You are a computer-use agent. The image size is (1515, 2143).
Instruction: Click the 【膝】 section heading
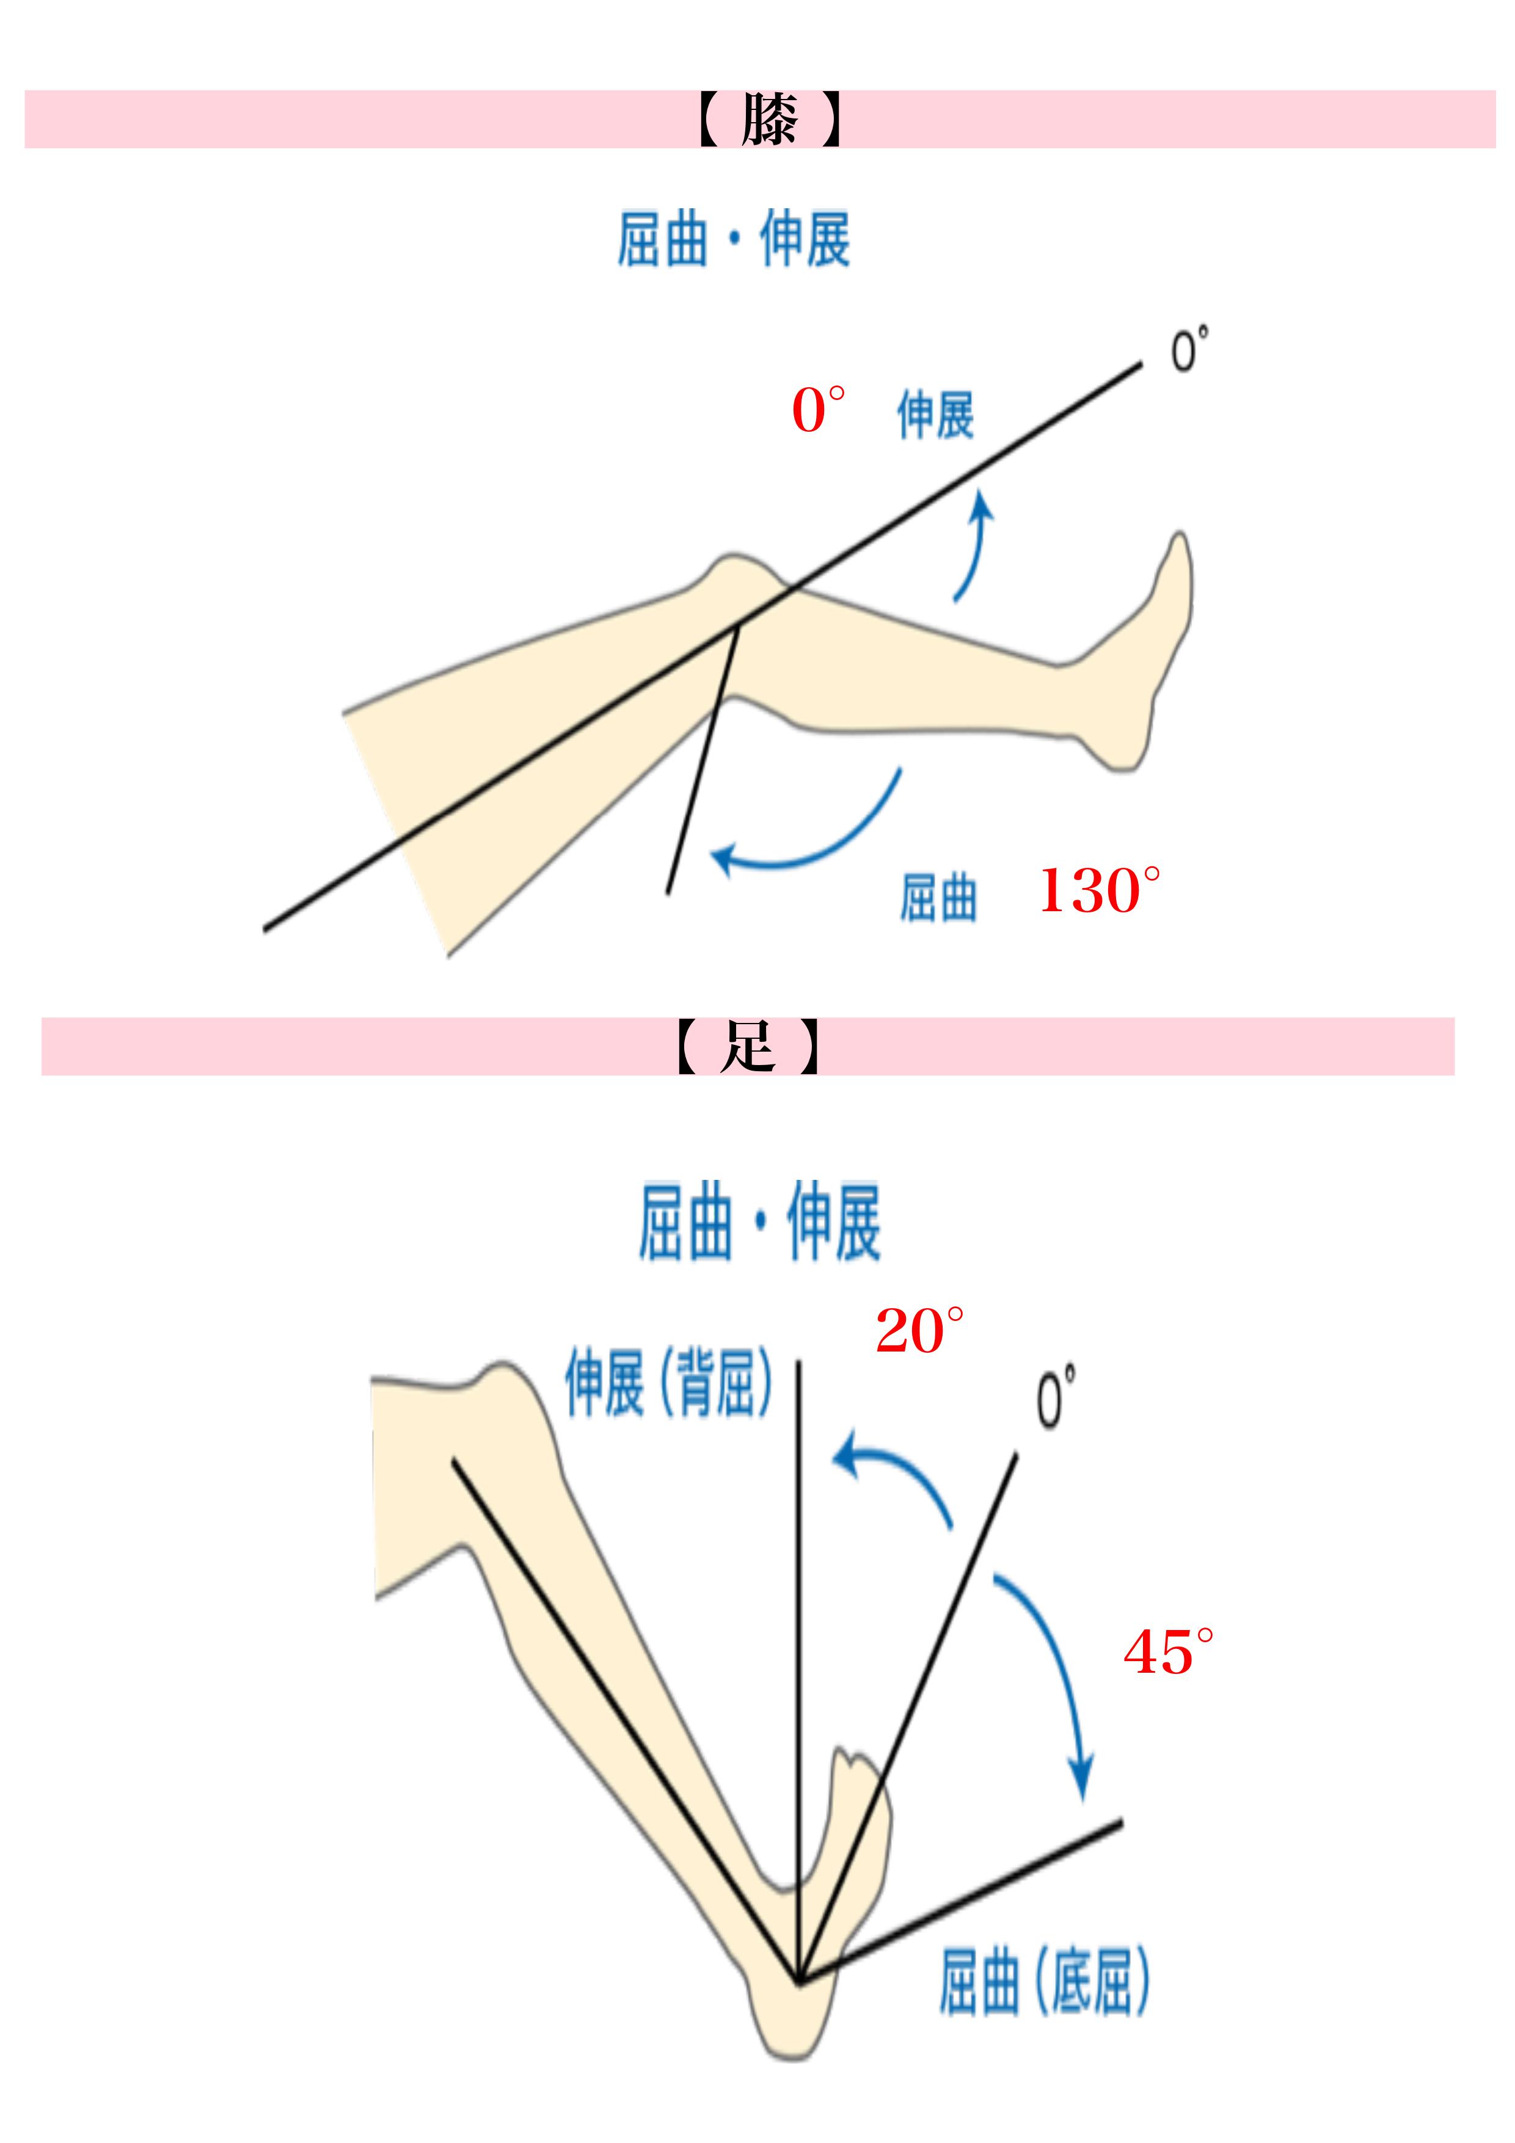tap(770, 120)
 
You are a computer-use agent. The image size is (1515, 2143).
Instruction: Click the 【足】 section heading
tap(748, 1046)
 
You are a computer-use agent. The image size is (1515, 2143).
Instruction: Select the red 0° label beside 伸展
tap(818, 410)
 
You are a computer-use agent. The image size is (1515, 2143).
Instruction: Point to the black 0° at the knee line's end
tap(1188, 350)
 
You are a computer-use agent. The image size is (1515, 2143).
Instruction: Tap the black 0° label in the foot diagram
tap(1056, 1397)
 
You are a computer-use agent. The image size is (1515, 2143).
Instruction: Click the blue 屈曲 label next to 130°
tap(938, 897)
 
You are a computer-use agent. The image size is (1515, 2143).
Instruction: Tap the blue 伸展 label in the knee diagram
tap(935, 415)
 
